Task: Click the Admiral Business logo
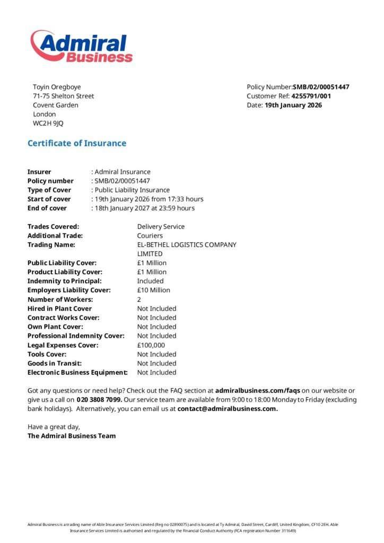[81, 47]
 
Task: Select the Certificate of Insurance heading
[77, 143]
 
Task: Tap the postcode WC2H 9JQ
[48, 124]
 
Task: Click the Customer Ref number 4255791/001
[311, 96]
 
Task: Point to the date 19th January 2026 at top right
[293, 105]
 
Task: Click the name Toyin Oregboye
[57, 87]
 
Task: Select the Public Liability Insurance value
[132, 190]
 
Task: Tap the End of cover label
[47, 208]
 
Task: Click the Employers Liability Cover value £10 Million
[154, 290]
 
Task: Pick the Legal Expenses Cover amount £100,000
[151, 345]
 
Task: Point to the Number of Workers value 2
[139, 299]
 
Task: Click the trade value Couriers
[150, 235]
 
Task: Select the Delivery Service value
[161, 226]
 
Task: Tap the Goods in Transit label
[55, 363]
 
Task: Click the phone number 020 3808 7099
[99, 399]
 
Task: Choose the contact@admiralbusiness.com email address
[228, 409]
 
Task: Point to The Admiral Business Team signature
[72, 436]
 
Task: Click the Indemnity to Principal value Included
[151, 281]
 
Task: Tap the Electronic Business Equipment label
[77, 372]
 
